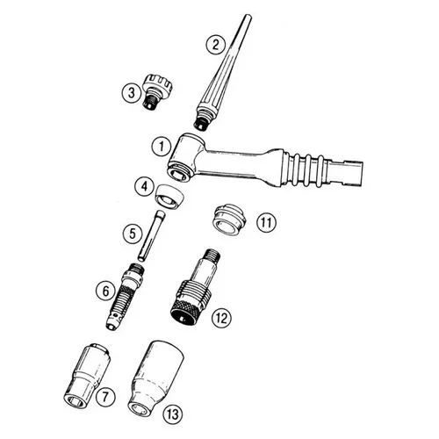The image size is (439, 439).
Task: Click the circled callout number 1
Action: [161, 146]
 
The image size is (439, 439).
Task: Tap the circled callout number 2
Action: [216, 45]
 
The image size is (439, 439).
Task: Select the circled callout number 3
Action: [132, 93]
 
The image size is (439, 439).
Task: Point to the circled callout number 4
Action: [145, 186]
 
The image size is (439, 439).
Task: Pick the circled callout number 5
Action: [133, 234]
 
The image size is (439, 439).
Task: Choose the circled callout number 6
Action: [106, 291]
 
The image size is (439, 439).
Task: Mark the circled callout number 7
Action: [104, 397]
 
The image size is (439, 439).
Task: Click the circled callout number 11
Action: [266, 222]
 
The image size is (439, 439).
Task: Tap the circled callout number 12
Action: [221, 317]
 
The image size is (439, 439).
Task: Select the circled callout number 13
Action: [173, 414]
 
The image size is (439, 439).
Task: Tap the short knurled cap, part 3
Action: [156, 91]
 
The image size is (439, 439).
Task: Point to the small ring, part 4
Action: [169, 198]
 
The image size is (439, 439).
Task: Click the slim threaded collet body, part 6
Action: [126, 296]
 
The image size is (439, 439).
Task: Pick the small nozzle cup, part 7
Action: [87, 377]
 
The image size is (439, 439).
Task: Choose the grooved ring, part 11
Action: [229, 220]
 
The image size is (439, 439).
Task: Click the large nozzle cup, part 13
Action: [155, 378]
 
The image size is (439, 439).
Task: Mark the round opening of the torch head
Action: [179, 174]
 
